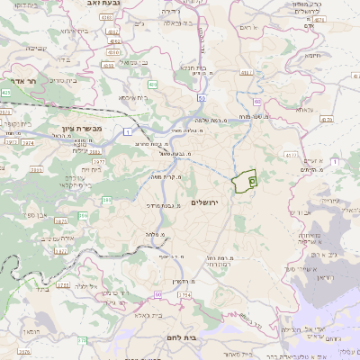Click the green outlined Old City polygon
coord(243,182)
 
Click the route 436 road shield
coord(154,85)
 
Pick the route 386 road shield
coord(107,200)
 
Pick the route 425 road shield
coord(5,92)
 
